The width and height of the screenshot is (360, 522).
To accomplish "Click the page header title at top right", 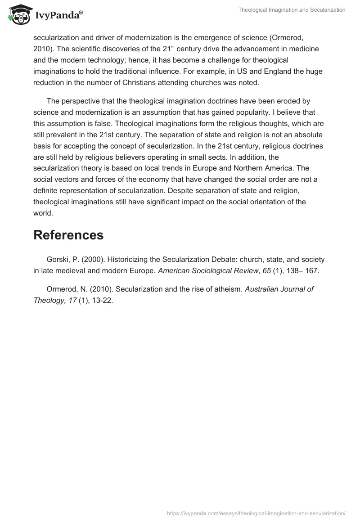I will click(292, 10).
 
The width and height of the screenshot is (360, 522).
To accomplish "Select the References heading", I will click(68, 235).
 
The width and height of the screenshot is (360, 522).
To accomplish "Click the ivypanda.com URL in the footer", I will click(256, 513).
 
